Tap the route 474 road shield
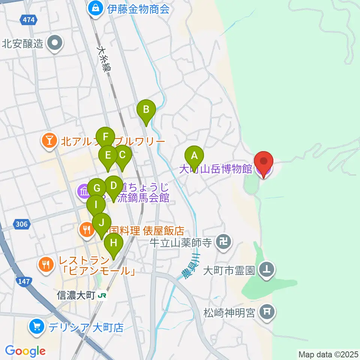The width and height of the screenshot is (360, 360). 29,20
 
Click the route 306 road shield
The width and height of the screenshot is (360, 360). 21,224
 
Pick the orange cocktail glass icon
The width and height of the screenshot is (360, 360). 49,141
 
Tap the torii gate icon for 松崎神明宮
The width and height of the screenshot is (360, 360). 267,312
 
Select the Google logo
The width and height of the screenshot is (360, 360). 25,351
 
